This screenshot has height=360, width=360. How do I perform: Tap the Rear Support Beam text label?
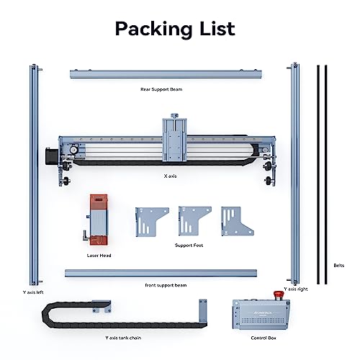168,91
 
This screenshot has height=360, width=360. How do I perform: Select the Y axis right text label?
295,288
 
